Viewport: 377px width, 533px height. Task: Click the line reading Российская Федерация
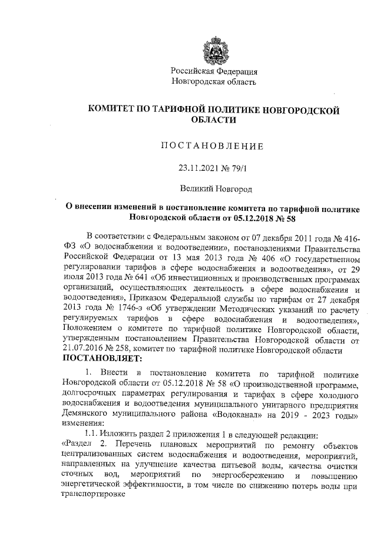pyautogui.click(x=214, y=71)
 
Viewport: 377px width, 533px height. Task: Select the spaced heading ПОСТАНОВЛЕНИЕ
pyautogui.click(x=214, y=145)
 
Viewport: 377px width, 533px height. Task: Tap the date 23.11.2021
pyautogui.click(x=197, y=168)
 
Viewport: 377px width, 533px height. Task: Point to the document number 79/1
pyautogui.click(x=240, y=168)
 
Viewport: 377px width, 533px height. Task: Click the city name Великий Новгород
pyautogui.click(x=215, y=189)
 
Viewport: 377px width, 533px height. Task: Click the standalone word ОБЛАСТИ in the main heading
pyautogui.click(x=214, y=120)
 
